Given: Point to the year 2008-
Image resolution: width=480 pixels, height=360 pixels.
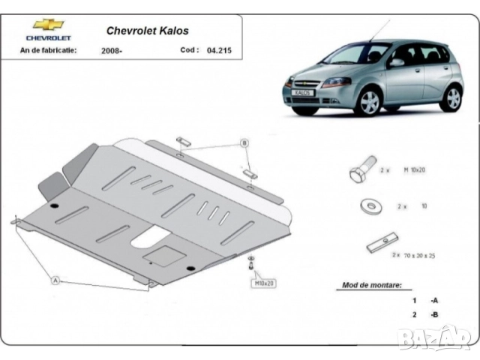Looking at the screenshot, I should point(112,51).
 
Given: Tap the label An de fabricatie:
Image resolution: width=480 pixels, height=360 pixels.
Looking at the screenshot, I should point(49,50).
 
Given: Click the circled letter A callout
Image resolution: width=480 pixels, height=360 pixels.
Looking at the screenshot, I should point(55,280).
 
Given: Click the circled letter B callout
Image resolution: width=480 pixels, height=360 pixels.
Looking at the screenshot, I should point(244,143).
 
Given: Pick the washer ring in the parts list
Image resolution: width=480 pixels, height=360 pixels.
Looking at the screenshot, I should point(368,206).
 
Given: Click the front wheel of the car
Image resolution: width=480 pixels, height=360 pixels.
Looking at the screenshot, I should point(368,103).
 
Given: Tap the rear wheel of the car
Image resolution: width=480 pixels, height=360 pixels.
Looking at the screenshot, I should point(450,97).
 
